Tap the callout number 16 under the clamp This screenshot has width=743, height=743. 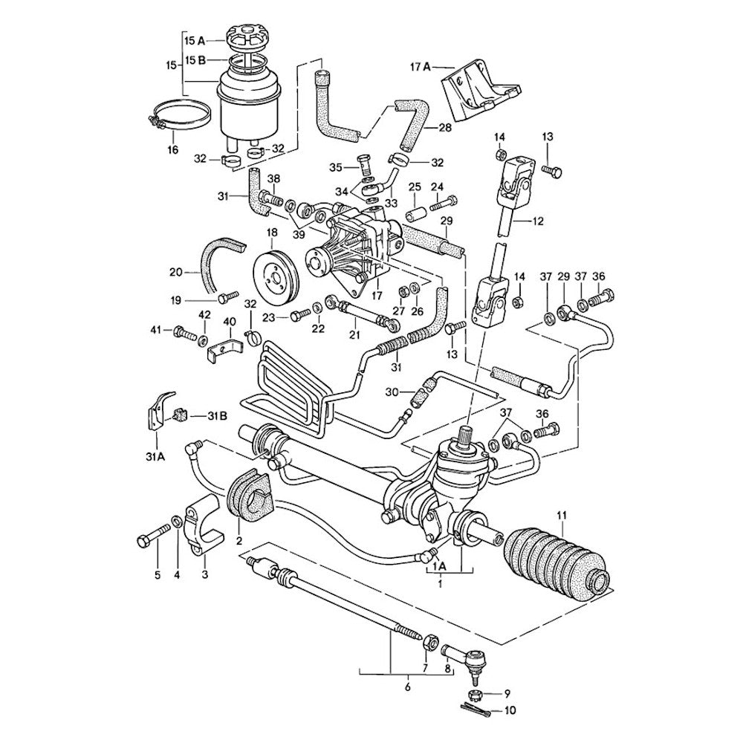(172, 149)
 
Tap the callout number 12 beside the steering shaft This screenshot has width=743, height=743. (538, 221)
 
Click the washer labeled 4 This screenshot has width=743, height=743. (177, 522)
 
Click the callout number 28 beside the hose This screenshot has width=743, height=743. (444, 128)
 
